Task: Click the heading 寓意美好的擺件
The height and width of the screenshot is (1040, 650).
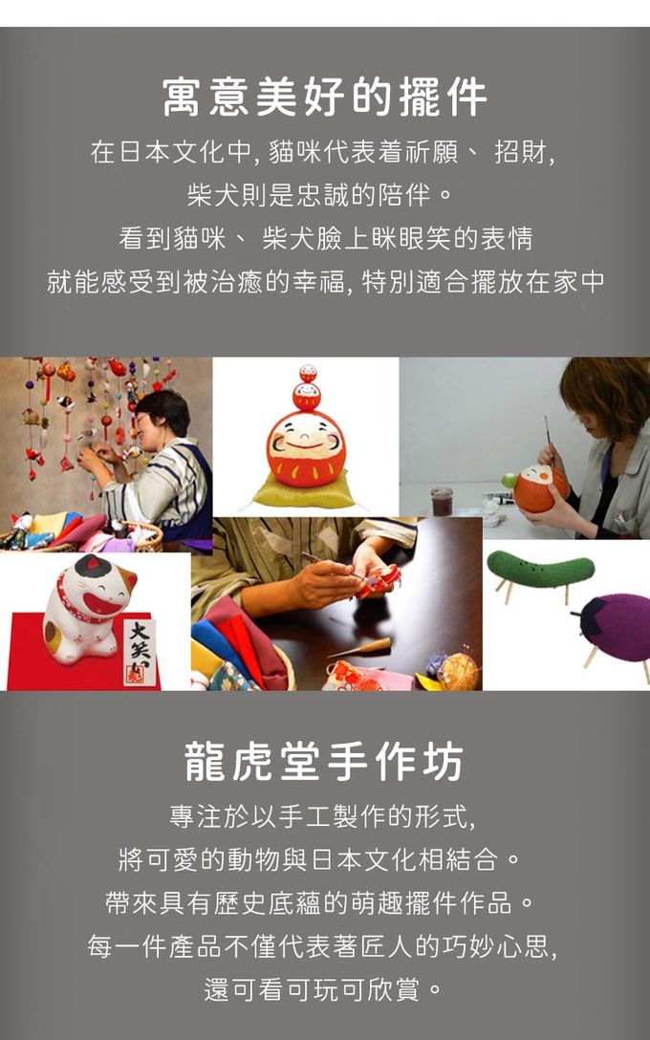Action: tap(324, 97)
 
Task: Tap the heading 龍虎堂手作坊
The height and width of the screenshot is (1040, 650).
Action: tap(324, 762)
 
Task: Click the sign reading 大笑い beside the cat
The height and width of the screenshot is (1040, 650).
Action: tap(141, 651)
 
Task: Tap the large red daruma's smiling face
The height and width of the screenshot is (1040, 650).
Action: tap(306, 439)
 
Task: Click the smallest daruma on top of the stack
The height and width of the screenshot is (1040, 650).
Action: tap(308, 373)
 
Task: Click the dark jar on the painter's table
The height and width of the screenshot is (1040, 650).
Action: tap(442, 502)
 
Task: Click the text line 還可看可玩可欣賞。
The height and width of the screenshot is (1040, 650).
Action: tap(323, 990)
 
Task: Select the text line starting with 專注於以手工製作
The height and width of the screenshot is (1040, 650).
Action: tap(323, 816)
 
